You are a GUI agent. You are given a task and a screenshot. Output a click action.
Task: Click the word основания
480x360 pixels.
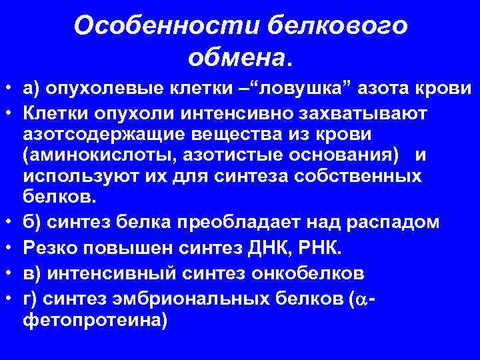(x=341, y=155)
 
